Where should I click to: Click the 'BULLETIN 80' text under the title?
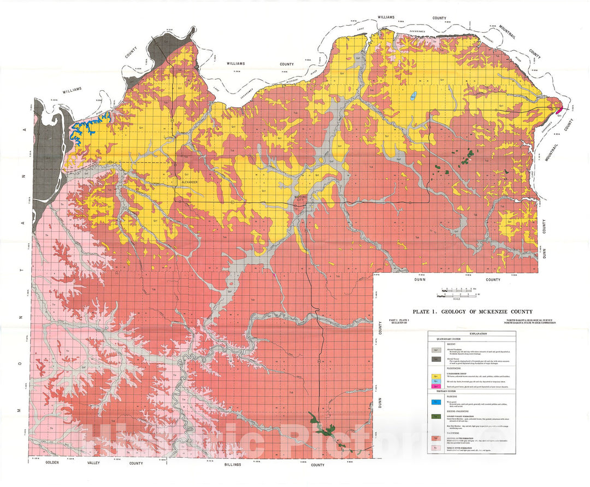[x=399, y=322]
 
